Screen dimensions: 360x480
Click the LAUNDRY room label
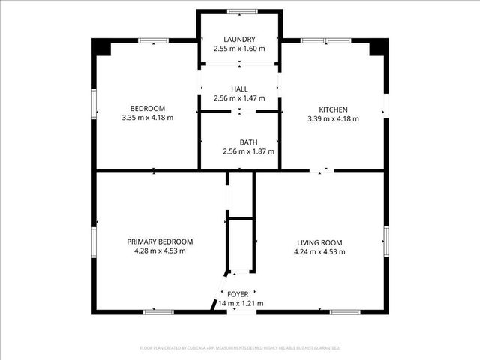(x=239, y=40)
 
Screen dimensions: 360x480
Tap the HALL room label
(x=239, y=89)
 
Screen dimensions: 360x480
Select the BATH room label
(x=248, y=142)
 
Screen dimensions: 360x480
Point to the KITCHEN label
(x=333, y=109)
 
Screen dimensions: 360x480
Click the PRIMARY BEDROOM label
(x=160, y=241)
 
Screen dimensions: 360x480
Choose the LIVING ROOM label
(x=319, y=241)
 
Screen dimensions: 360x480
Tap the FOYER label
(x=238, y=294)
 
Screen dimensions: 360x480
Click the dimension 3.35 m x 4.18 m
(x=148, y=118)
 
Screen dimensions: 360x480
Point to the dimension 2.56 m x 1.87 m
(x=248, y=151)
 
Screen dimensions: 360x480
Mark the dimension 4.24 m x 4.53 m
(x=319, y=251)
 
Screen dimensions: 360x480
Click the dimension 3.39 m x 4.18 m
(x=333, y=118)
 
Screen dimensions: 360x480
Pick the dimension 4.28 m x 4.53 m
(x=160, y=251)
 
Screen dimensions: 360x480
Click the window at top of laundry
(x=239, y=11)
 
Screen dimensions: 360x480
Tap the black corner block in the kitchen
(x=379, y=46)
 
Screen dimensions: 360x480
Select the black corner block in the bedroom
(x=100, y=46)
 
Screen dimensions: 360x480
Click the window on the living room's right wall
(x=386, y=238)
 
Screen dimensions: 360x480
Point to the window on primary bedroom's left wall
(x=94, y=241)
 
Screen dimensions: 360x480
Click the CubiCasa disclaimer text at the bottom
(x=240, y=348)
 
